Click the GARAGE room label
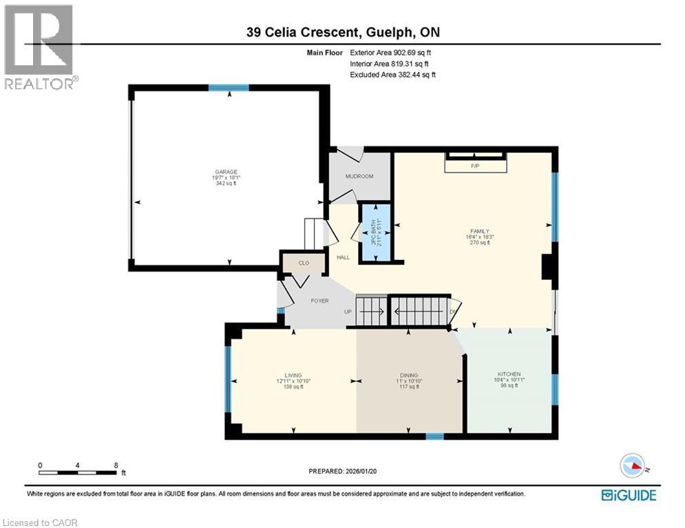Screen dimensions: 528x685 (x=226, y=172)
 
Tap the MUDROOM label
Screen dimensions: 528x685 (x=359, y=177)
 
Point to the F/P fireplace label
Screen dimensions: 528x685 (x=474, y=166)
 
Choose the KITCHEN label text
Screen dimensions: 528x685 (x=509, y=374)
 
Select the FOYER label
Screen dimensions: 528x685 (x=318, y=301)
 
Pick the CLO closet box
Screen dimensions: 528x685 (x=304, y=262)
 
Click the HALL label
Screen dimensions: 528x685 (x=343, y=258)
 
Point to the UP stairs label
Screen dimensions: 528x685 (x=348, y=311)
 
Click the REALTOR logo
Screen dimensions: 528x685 (x=39, y=46)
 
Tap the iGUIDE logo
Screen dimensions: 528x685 (x=628, y=495)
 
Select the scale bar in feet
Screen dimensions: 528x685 (x=77, y=472)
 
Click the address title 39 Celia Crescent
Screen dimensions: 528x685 (x=342, y=32)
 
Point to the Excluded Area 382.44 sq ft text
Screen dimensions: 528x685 (x=392, y=74)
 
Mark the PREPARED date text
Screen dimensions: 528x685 (x=342, y=471)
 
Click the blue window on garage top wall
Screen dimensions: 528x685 (x=229, y=87)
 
